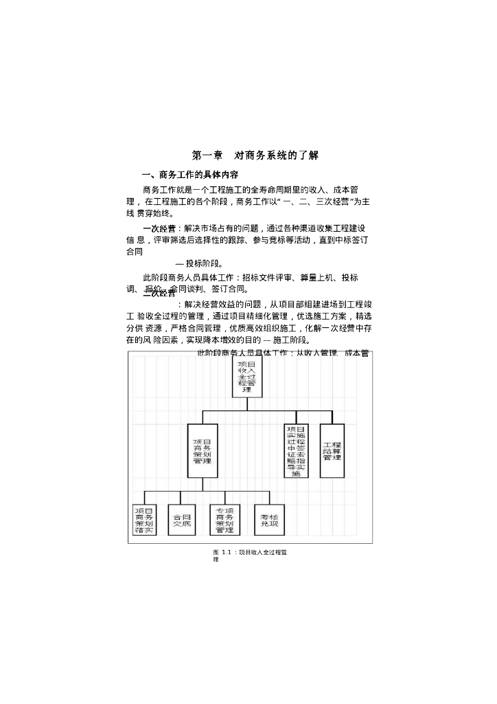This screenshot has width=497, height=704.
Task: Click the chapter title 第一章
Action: [207, 155]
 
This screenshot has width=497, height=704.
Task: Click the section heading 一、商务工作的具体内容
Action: [189, 175]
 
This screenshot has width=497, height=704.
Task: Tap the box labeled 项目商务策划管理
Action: [203, 451]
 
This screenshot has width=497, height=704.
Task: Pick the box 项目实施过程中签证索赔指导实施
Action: [296, 451]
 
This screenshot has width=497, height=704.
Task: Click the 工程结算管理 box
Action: [332, 451]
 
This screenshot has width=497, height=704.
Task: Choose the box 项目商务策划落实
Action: [144, 520]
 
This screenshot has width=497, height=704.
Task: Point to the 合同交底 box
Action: [182, 520]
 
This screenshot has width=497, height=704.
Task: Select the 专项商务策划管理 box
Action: [224, 520]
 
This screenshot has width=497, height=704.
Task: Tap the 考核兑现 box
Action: [269, 520]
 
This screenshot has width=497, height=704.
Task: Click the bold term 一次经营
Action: [159, 228]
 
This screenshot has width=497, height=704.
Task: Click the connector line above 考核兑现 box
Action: [269, 498]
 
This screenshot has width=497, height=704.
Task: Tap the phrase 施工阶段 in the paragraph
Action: [291, 340]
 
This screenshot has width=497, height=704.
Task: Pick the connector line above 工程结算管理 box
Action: [332, 417]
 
